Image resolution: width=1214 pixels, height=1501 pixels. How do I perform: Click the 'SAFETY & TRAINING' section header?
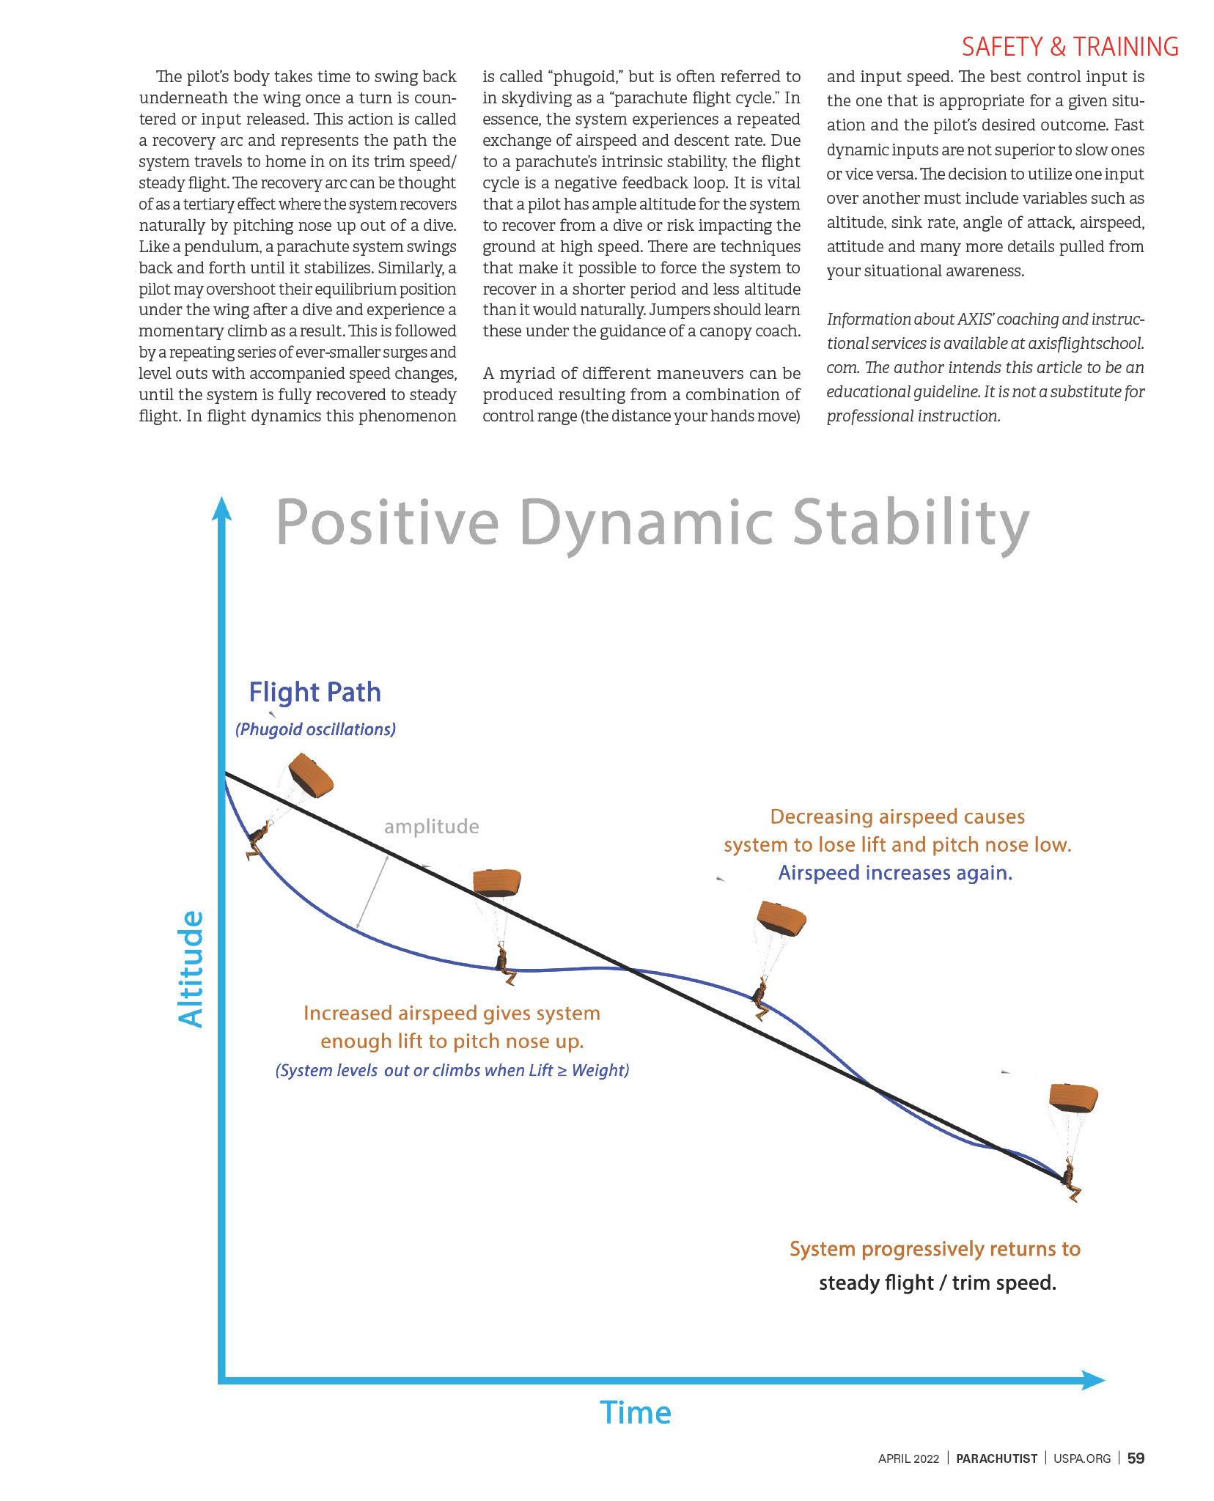[x=1070, y=47]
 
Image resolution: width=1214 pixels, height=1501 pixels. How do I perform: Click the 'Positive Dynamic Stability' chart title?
[x=652, y=523]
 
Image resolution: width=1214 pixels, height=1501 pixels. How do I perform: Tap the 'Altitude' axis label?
[x=191, y=968]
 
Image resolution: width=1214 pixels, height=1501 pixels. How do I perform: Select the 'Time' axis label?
[x=635, y=1412]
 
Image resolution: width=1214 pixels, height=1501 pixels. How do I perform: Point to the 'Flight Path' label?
[x=314, y=692]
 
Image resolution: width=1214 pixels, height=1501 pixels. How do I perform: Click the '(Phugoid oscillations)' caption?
[x=315, y=729]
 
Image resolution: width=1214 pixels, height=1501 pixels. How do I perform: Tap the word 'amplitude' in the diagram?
[x=431, y=827]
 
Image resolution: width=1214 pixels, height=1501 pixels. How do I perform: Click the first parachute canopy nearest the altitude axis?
[x=311, y=775]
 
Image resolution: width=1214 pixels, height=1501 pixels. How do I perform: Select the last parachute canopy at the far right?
[x=1073, y=1097]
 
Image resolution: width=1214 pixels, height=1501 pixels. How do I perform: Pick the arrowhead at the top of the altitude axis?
[x=221, y=509]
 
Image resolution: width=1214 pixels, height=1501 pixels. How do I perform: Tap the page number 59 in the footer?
[x=1136, y=1458]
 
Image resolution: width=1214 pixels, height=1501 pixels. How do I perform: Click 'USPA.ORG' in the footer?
[x=1082, y=1458]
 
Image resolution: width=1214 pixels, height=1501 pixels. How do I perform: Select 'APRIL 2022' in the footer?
[x=908, y=1458]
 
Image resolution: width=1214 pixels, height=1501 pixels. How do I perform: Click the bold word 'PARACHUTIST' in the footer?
[x=996, y=1458]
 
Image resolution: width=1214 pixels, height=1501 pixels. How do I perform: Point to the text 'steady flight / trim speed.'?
[x=937, y=1283]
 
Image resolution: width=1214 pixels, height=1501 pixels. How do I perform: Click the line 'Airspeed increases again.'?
[x=895, y=873]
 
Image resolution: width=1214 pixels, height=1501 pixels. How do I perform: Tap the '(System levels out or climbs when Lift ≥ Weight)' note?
[x=452, y=1070]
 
